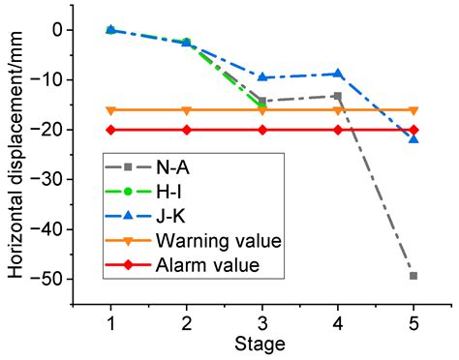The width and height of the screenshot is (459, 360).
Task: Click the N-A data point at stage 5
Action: click(x=413, y=276)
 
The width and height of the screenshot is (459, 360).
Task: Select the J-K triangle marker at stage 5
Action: click(x=413, y=139)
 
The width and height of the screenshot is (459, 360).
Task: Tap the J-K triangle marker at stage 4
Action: click(x=338, y=74)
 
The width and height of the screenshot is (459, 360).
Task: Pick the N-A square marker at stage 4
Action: click(x=338, y=96)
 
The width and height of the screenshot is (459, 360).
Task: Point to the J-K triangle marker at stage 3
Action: click(x=262, y=77)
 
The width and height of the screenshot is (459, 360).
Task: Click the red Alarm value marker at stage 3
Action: click(x=262, y=130)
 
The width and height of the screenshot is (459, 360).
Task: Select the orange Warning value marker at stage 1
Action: click(x=110, y=110)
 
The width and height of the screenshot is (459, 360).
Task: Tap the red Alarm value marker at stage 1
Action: click(x=110, y=130)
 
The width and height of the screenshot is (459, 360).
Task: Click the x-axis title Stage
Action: click(x=262, y=344)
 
